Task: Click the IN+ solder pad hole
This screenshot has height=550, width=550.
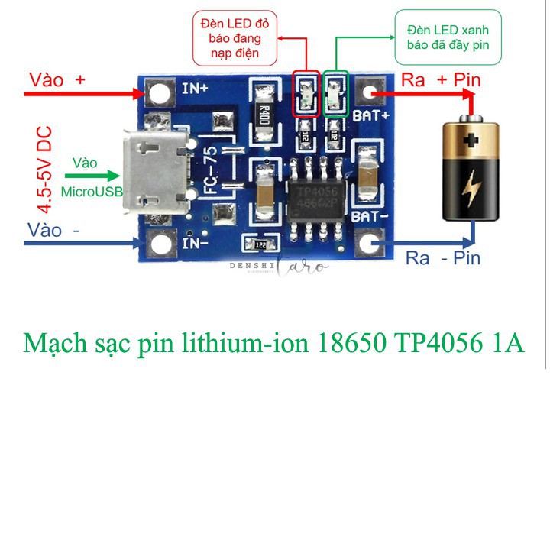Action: point(160,94)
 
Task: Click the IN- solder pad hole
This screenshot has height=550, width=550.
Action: point(160,244)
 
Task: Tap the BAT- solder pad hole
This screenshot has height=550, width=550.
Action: point(371,244)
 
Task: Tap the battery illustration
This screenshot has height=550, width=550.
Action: point(473,170)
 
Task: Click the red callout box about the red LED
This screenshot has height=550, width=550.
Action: point(235,36)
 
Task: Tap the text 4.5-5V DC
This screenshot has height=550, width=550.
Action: point(46,170)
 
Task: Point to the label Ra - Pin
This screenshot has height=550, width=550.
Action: point(443,257)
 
